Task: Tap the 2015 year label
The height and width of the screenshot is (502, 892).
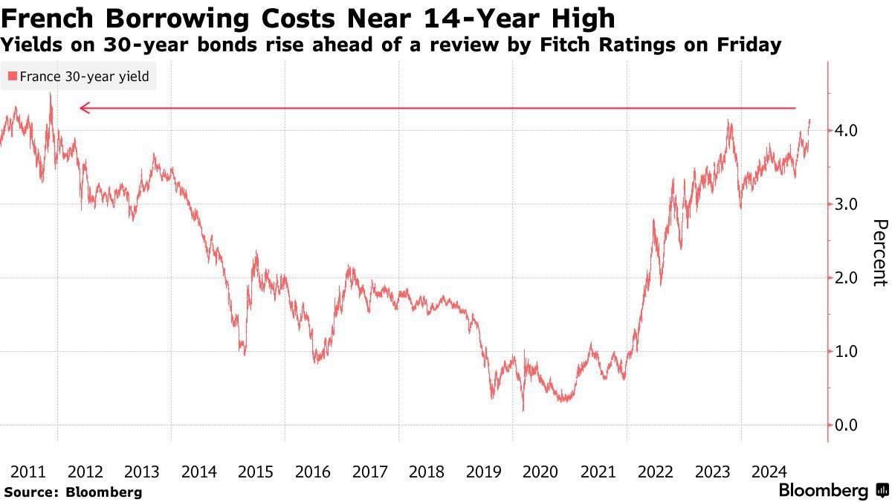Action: point(256,472)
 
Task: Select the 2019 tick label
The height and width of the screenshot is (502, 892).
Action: point(484,472)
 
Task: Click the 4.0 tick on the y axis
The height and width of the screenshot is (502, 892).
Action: point(848,131)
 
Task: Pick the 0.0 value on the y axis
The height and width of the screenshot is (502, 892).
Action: point(848,425)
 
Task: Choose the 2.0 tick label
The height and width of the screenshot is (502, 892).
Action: point(848,278)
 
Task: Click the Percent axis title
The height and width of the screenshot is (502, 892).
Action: point(879,253)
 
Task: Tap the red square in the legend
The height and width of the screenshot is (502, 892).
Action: point(13,77)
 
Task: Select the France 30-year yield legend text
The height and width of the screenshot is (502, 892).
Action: point(84,77)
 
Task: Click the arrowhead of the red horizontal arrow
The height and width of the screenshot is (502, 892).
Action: point(84,109)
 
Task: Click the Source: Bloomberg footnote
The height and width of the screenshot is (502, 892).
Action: point(73,492)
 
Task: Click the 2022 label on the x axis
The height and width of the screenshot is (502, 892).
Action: point(656,472)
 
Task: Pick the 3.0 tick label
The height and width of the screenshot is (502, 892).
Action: point(848,205)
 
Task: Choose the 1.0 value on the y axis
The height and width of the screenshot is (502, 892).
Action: point(848,352)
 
